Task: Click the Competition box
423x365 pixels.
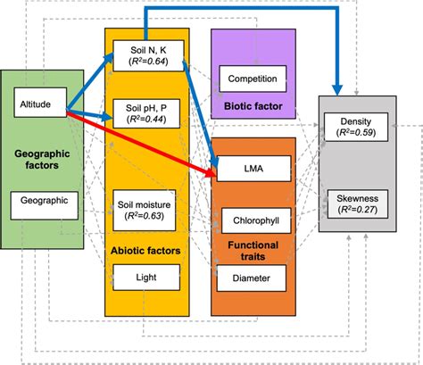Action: point(252,79)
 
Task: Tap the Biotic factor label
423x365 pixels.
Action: point(252,108)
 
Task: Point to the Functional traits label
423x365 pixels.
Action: point(253,249)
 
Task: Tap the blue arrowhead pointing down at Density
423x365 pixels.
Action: point(339,88)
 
